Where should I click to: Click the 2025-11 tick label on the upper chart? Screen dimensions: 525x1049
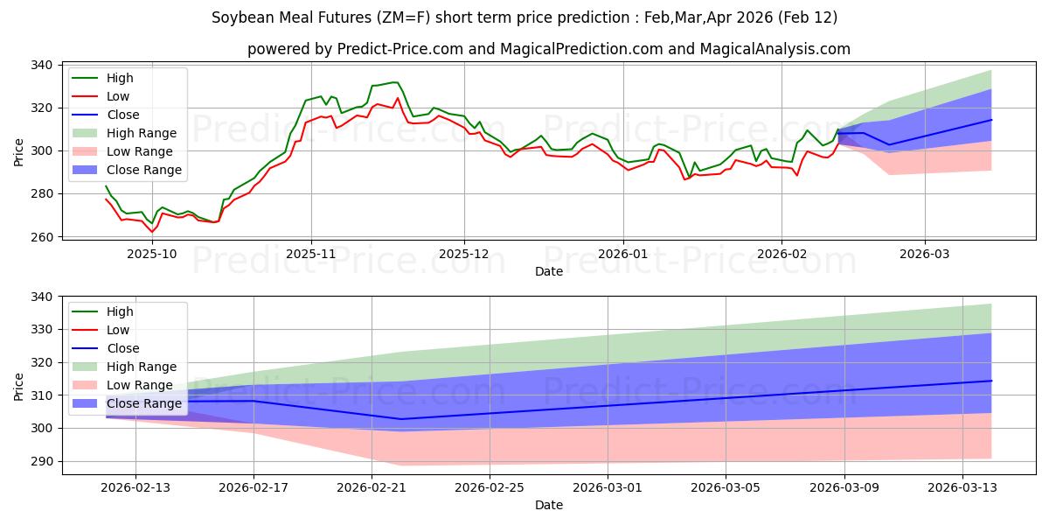click(311, 254)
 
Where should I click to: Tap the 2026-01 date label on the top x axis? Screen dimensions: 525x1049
click(622, 254)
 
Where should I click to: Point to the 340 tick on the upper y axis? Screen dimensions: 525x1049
click(41, 66)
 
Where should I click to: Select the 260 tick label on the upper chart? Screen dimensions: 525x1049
click(41, 237)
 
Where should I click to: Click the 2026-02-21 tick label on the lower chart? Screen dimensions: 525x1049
click(372, 487)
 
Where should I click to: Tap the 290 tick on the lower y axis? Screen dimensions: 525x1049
click(41, 461)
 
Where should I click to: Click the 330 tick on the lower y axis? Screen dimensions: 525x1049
click(41, 330)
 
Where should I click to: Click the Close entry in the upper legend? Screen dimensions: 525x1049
click(123, 115)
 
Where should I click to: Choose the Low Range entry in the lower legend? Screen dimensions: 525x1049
click(140, 385)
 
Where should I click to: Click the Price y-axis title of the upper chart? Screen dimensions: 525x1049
click(19, 150)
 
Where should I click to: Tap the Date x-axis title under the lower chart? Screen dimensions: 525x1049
click(548, 505)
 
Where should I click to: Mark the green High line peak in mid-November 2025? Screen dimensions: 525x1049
click(395, 82)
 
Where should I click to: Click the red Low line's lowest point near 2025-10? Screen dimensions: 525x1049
click(152, 232)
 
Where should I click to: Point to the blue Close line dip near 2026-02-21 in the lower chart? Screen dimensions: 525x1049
click(400, 419)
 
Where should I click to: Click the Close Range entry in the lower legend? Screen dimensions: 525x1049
click(144, 403)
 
